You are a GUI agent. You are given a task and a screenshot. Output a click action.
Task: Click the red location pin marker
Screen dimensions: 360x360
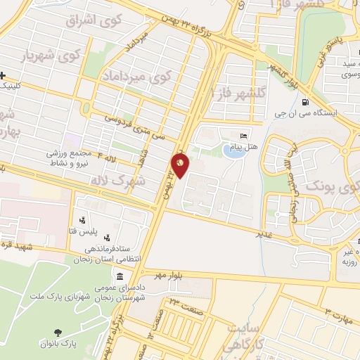tap(180, 165)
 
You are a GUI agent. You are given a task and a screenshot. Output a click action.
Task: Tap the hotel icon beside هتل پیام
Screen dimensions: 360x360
tap(244, 136)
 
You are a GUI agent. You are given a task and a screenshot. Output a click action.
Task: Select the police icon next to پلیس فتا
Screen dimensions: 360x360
tap(83, 219)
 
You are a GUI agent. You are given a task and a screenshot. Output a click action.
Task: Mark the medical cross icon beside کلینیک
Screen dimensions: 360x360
tap(4, 76)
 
